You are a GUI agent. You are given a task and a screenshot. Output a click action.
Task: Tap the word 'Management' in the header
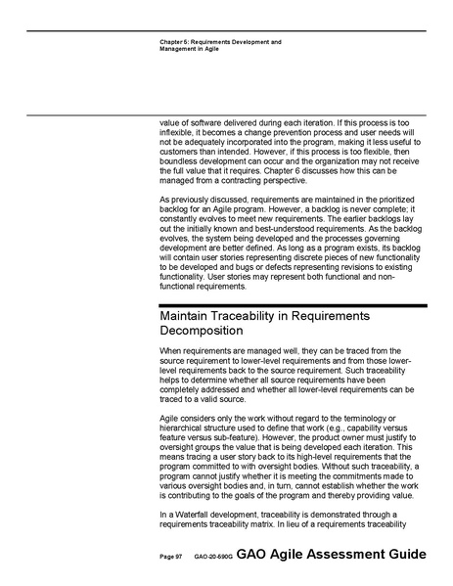click(x=179, y=50)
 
